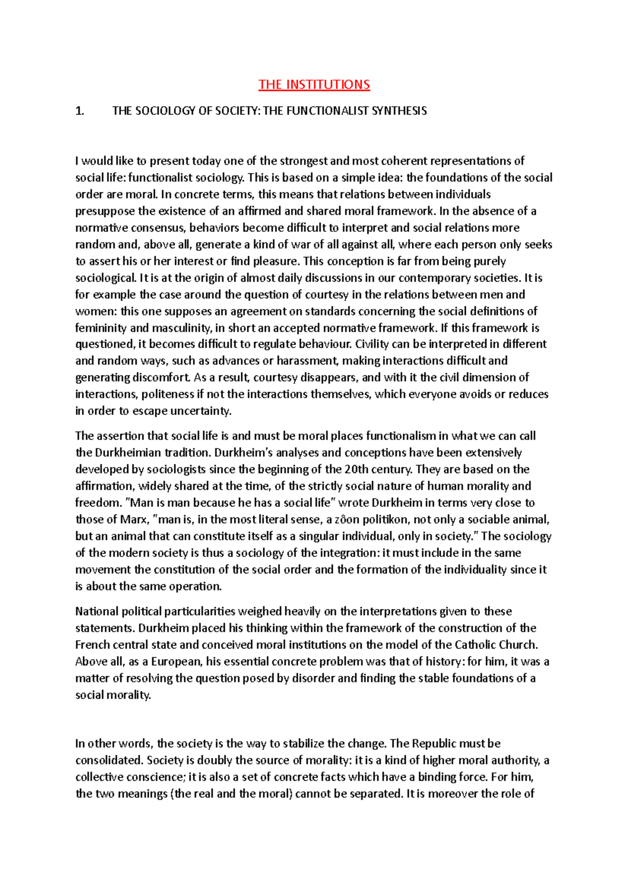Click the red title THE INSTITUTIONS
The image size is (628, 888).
[x=314, y=85]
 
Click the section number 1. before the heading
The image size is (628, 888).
[x=80, y=111]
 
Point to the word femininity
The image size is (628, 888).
[x=100, y=328]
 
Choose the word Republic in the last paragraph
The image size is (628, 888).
[x=437, y=744]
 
